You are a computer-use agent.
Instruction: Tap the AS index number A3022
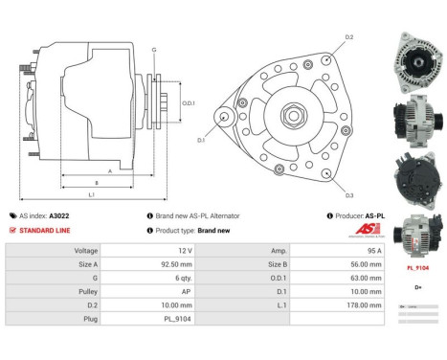click(59, 215)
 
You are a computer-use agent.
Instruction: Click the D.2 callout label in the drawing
click(349, 37)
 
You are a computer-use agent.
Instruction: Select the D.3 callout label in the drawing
click(349, 195)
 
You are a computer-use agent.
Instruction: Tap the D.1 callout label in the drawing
click(202, 141)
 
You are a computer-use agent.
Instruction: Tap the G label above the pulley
click(153, 48)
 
